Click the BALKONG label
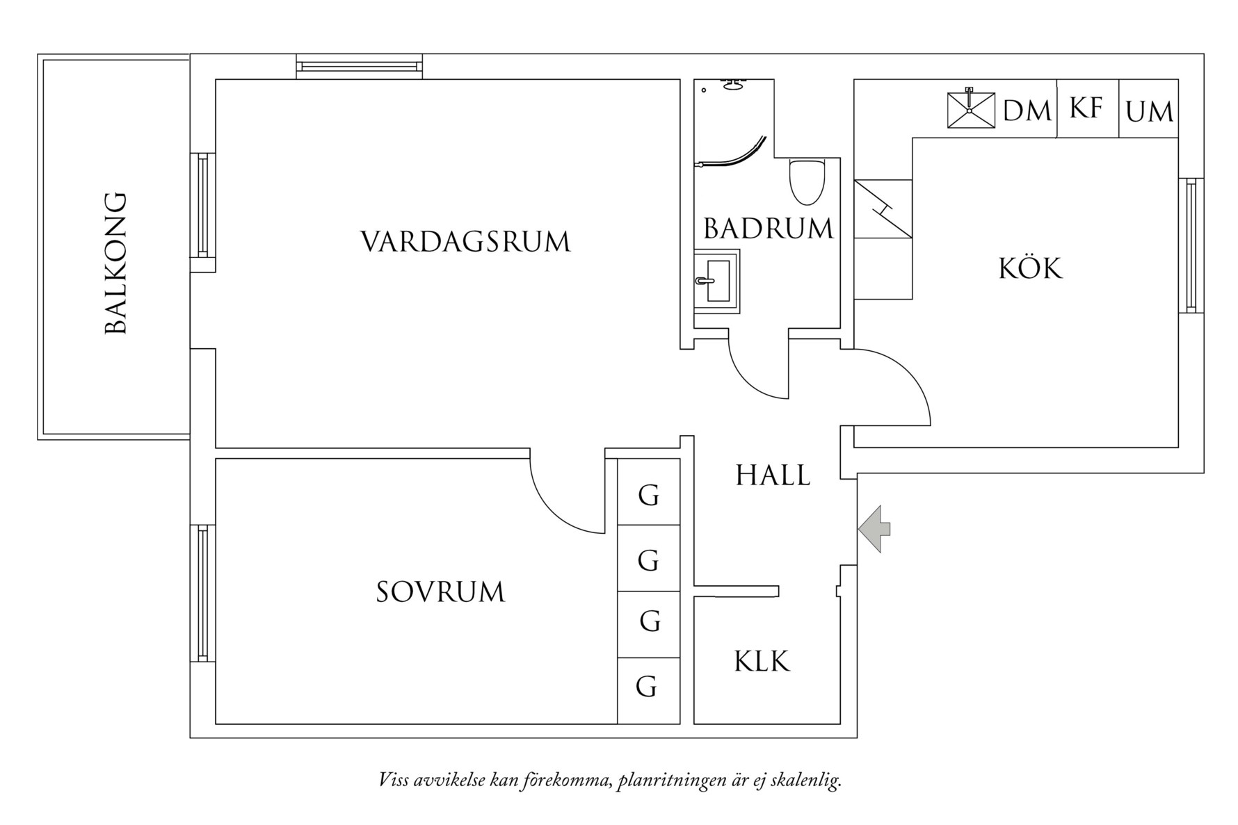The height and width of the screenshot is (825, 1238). [116, 263]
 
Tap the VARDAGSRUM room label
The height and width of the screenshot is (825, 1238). [465, 242]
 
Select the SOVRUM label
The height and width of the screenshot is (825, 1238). [440, 592]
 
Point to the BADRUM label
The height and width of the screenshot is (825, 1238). [768, 229]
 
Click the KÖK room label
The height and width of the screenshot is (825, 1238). [1031, 268]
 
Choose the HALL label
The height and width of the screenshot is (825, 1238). [773, 476]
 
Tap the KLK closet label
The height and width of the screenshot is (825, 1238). [762, 662]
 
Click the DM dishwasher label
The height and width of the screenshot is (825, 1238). [1027, 111]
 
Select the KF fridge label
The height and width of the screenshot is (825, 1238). [1086, 108]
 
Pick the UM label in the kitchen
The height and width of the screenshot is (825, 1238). [1149, 112]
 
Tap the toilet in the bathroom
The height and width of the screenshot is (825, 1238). [807, 182]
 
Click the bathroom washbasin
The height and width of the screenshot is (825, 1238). [716, 281]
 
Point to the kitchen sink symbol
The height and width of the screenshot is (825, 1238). [971, 110]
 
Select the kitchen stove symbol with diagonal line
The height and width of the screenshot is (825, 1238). [883, 209]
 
